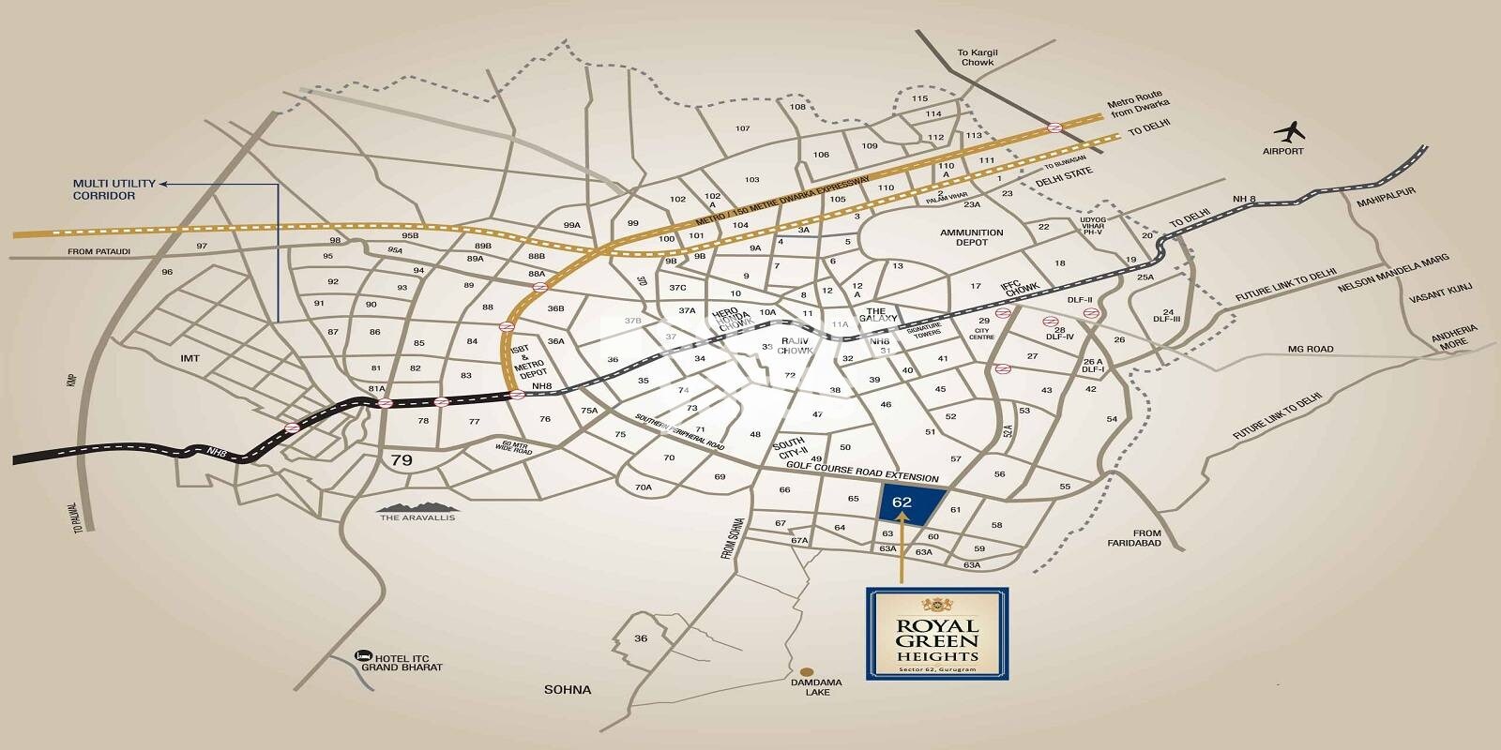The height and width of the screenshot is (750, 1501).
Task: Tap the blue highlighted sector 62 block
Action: (907, 507)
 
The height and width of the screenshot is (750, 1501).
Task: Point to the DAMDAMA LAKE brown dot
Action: (807, 672)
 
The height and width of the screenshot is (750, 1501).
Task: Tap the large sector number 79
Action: (402, 460)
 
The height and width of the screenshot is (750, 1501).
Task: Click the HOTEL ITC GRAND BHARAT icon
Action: (360, 656)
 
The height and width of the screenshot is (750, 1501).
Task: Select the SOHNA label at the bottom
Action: (569, 690)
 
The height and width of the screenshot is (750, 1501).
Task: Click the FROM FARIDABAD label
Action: (1146, 538)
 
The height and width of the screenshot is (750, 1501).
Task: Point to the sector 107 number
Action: (743, 128)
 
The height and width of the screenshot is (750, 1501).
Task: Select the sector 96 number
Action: (167, 272)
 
